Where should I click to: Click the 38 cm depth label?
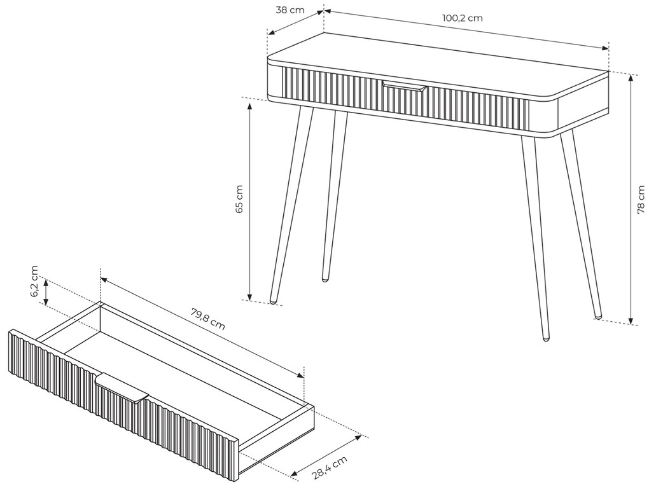click(290, 10)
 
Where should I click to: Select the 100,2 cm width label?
click(463, 18)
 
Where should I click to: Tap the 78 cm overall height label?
click(641, 200)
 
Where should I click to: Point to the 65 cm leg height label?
click(239, 199)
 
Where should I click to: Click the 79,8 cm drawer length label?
click(208, 319)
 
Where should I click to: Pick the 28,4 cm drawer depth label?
click(330, 467)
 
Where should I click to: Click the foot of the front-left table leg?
click(273, 301)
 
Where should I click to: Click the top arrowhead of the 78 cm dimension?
click(631, 78)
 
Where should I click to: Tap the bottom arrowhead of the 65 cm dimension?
click(249, 296)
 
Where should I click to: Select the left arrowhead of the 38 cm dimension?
click(271, 32)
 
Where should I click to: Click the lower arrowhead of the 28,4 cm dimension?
click(295, 473)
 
